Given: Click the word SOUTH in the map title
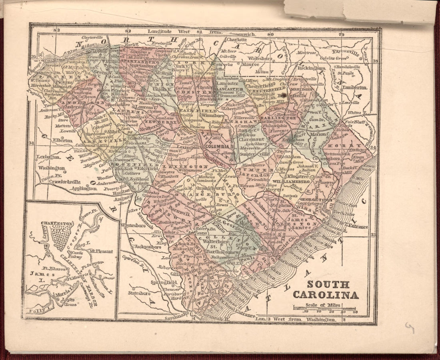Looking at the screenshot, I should tap(328, 285).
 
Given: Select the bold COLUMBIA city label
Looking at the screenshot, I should tap(217, 147).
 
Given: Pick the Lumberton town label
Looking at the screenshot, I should tap(354, 87).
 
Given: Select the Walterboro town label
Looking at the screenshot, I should tap(218, 241).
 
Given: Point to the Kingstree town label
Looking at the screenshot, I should tap(298, 176).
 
